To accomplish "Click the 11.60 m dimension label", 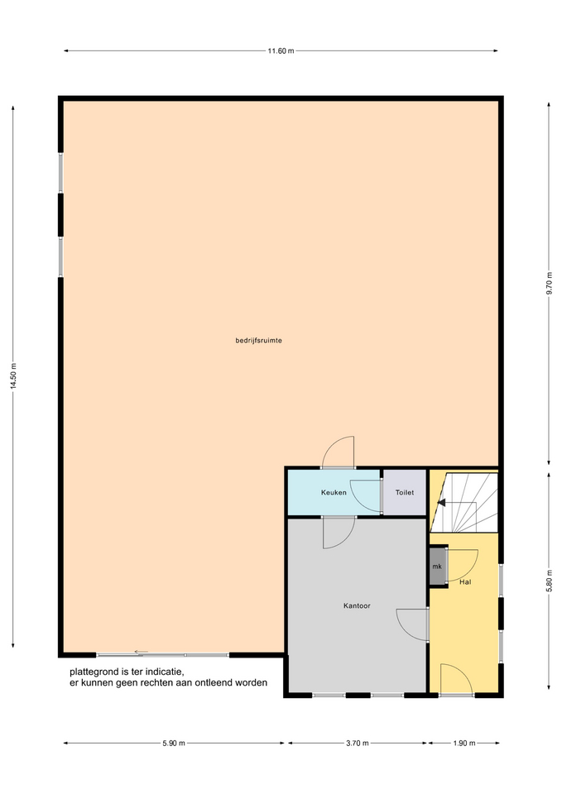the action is [281, 50].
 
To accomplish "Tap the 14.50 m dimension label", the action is [14, 375].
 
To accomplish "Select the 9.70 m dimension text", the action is [550, 284].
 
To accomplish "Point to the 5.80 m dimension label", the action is [550, 581].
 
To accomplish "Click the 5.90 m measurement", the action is [174, 744].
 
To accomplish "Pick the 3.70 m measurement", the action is [358, 744].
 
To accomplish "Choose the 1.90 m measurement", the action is [464, 744].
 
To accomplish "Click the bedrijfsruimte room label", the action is [258, 340].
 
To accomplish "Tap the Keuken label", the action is [334, 492].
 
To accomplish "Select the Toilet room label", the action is [405, 492].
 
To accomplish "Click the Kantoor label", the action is [357, 605].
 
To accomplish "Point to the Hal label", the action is [465, 581].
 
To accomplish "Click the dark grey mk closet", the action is [437, 566].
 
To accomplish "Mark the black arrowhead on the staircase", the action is [441, 503].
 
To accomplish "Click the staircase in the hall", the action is [464, 502].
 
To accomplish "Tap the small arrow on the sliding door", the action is [141, 652].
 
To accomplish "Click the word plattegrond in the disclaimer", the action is [94, 672].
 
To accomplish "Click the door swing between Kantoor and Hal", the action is [412, 625].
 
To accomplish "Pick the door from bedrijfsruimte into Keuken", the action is [338, 452].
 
